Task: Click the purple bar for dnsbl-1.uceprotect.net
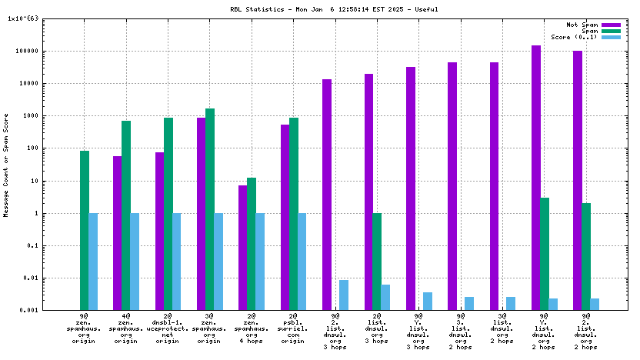point(159,231)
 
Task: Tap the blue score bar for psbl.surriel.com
point(302,262)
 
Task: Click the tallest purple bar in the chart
point(535,178)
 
